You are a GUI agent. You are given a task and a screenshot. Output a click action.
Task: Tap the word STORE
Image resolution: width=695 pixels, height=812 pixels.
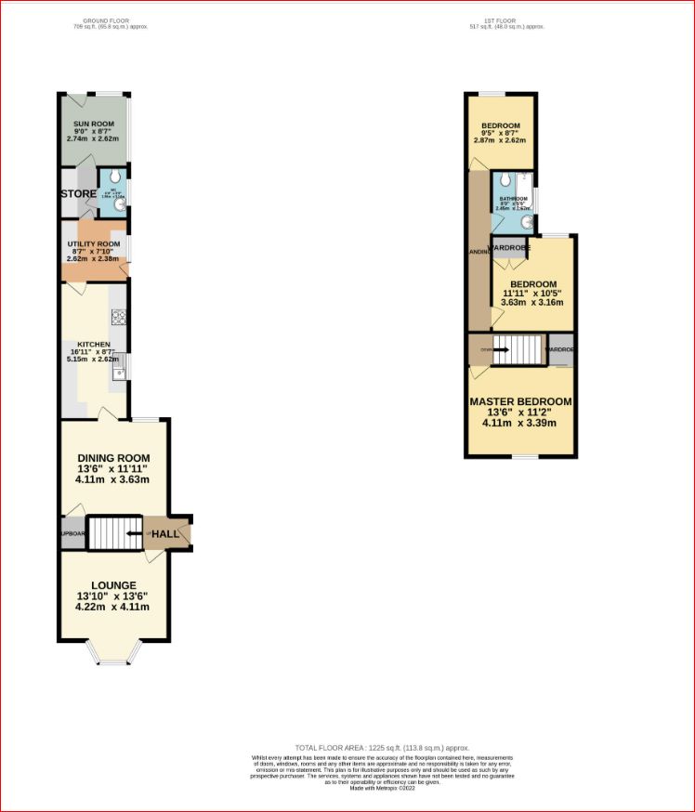78,193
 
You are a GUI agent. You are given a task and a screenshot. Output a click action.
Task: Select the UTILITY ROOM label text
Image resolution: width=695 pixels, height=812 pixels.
94,243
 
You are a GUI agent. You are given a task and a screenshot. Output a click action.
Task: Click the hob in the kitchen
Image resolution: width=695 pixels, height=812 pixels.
119,316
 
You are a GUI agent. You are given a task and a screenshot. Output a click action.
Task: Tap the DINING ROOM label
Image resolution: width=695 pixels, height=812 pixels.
113,458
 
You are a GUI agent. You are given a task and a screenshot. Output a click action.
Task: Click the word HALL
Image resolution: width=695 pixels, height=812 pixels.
165,534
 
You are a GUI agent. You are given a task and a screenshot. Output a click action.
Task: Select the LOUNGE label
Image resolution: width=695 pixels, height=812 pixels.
112,584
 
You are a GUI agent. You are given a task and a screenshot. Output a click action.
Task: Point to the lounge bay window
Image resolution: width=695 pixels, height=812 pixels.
114,661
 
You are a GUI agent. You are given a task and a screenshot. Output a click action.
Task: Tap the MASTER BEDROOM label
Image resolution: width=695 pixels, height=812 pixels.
520,401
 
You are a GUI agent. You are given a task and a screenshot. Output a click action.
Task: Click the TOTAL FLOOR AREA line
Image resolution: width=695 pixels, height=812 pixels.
382,748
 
